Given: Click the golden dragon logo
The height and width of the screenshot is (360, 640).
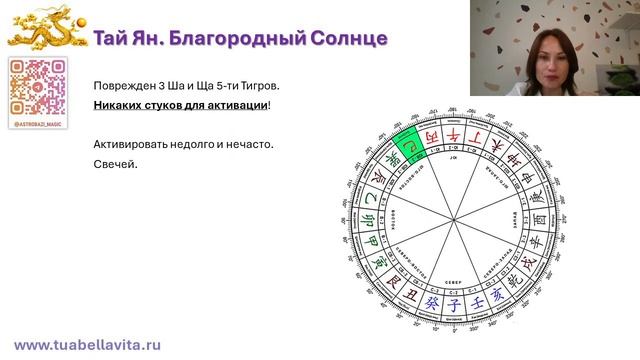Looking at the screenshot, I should [x=44, y=31].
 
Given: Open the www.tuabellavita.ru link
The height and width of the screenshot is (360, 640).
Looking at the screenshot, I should [x=87, y=343].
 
